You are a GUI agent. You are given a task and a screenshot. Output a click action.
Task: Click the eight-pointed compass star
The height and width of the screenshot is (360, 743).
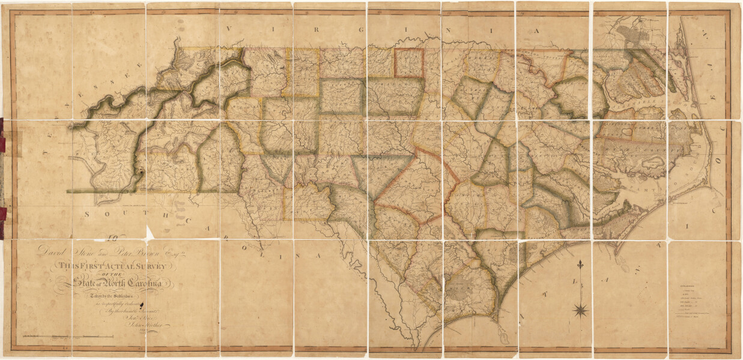click(581, 310)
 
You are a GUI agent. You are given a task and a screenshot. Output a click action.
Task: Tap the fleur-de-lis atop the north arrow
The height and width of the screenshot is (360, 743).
click(580, 265)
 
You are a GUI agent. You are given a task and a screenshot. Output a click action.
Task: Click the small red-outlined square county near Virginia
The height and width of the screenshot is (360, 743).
click(409, 62)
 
